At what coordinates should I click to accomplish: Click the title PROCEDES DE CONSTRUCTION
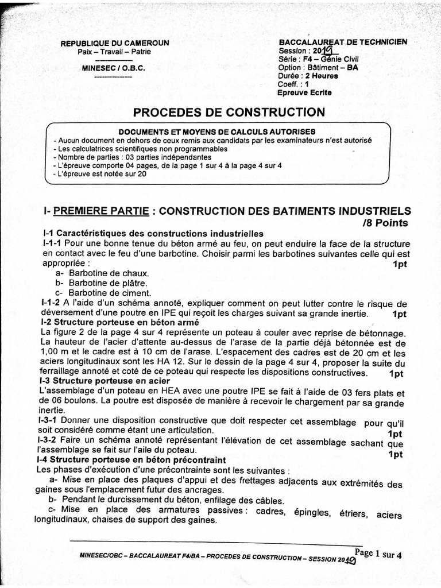tap(229, 111)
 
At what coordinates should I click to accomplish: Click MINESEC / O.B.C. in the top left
tap(114, 68)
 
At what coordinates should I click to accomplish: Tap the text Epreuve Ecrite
tap(304, 92)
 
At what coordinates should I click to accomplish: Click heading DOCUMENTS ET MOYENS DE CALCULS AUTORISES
tap(216, 131)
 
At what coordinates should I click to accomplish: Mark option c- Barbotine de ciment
tap(103, 293)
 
